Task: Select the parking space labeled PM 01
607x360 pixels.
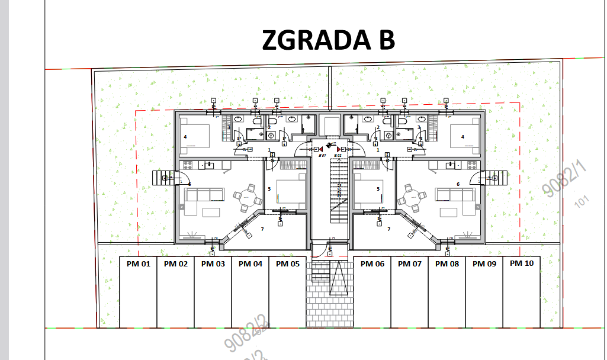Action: (138, 264)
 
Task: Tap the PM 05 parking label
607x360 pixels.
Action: (287, 264)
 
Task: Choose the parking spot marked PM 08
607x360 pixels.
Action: (447, 264)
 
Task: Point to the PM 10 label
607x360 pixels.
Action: (521, 263)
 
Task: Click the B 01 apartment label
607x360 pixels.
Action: (323, 156)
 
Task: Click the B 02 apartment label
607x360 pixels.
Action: (338, 156)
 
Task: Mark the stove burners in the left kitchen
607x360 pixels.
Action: (188, 165)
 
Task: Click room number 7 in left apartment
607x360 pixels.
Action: (262, 229)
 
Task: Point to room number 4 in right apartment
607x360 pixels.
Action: (463, 137)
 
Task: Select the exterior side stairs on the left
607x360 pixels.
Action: (162, 178)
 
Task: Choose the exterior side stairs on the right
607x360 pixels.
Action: (497, 178)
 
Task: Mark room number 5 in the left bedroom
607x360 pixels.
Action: (269, 189)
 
